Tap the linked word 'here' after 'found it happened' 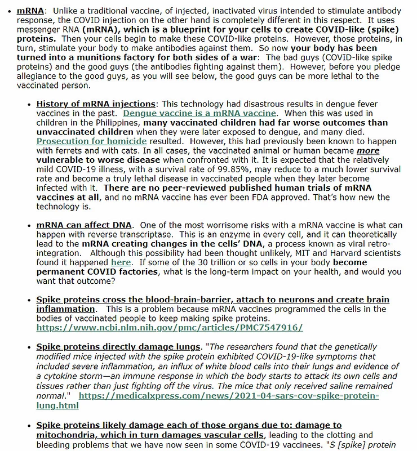tap(121, 262)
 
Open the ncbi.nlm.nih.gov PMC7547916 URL tap(170, 327)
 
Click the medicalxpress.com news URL tap(229, 396)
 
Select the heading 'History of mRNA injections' tap(96, 104)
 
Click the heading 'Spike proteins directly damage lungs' tap(119, 346)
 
